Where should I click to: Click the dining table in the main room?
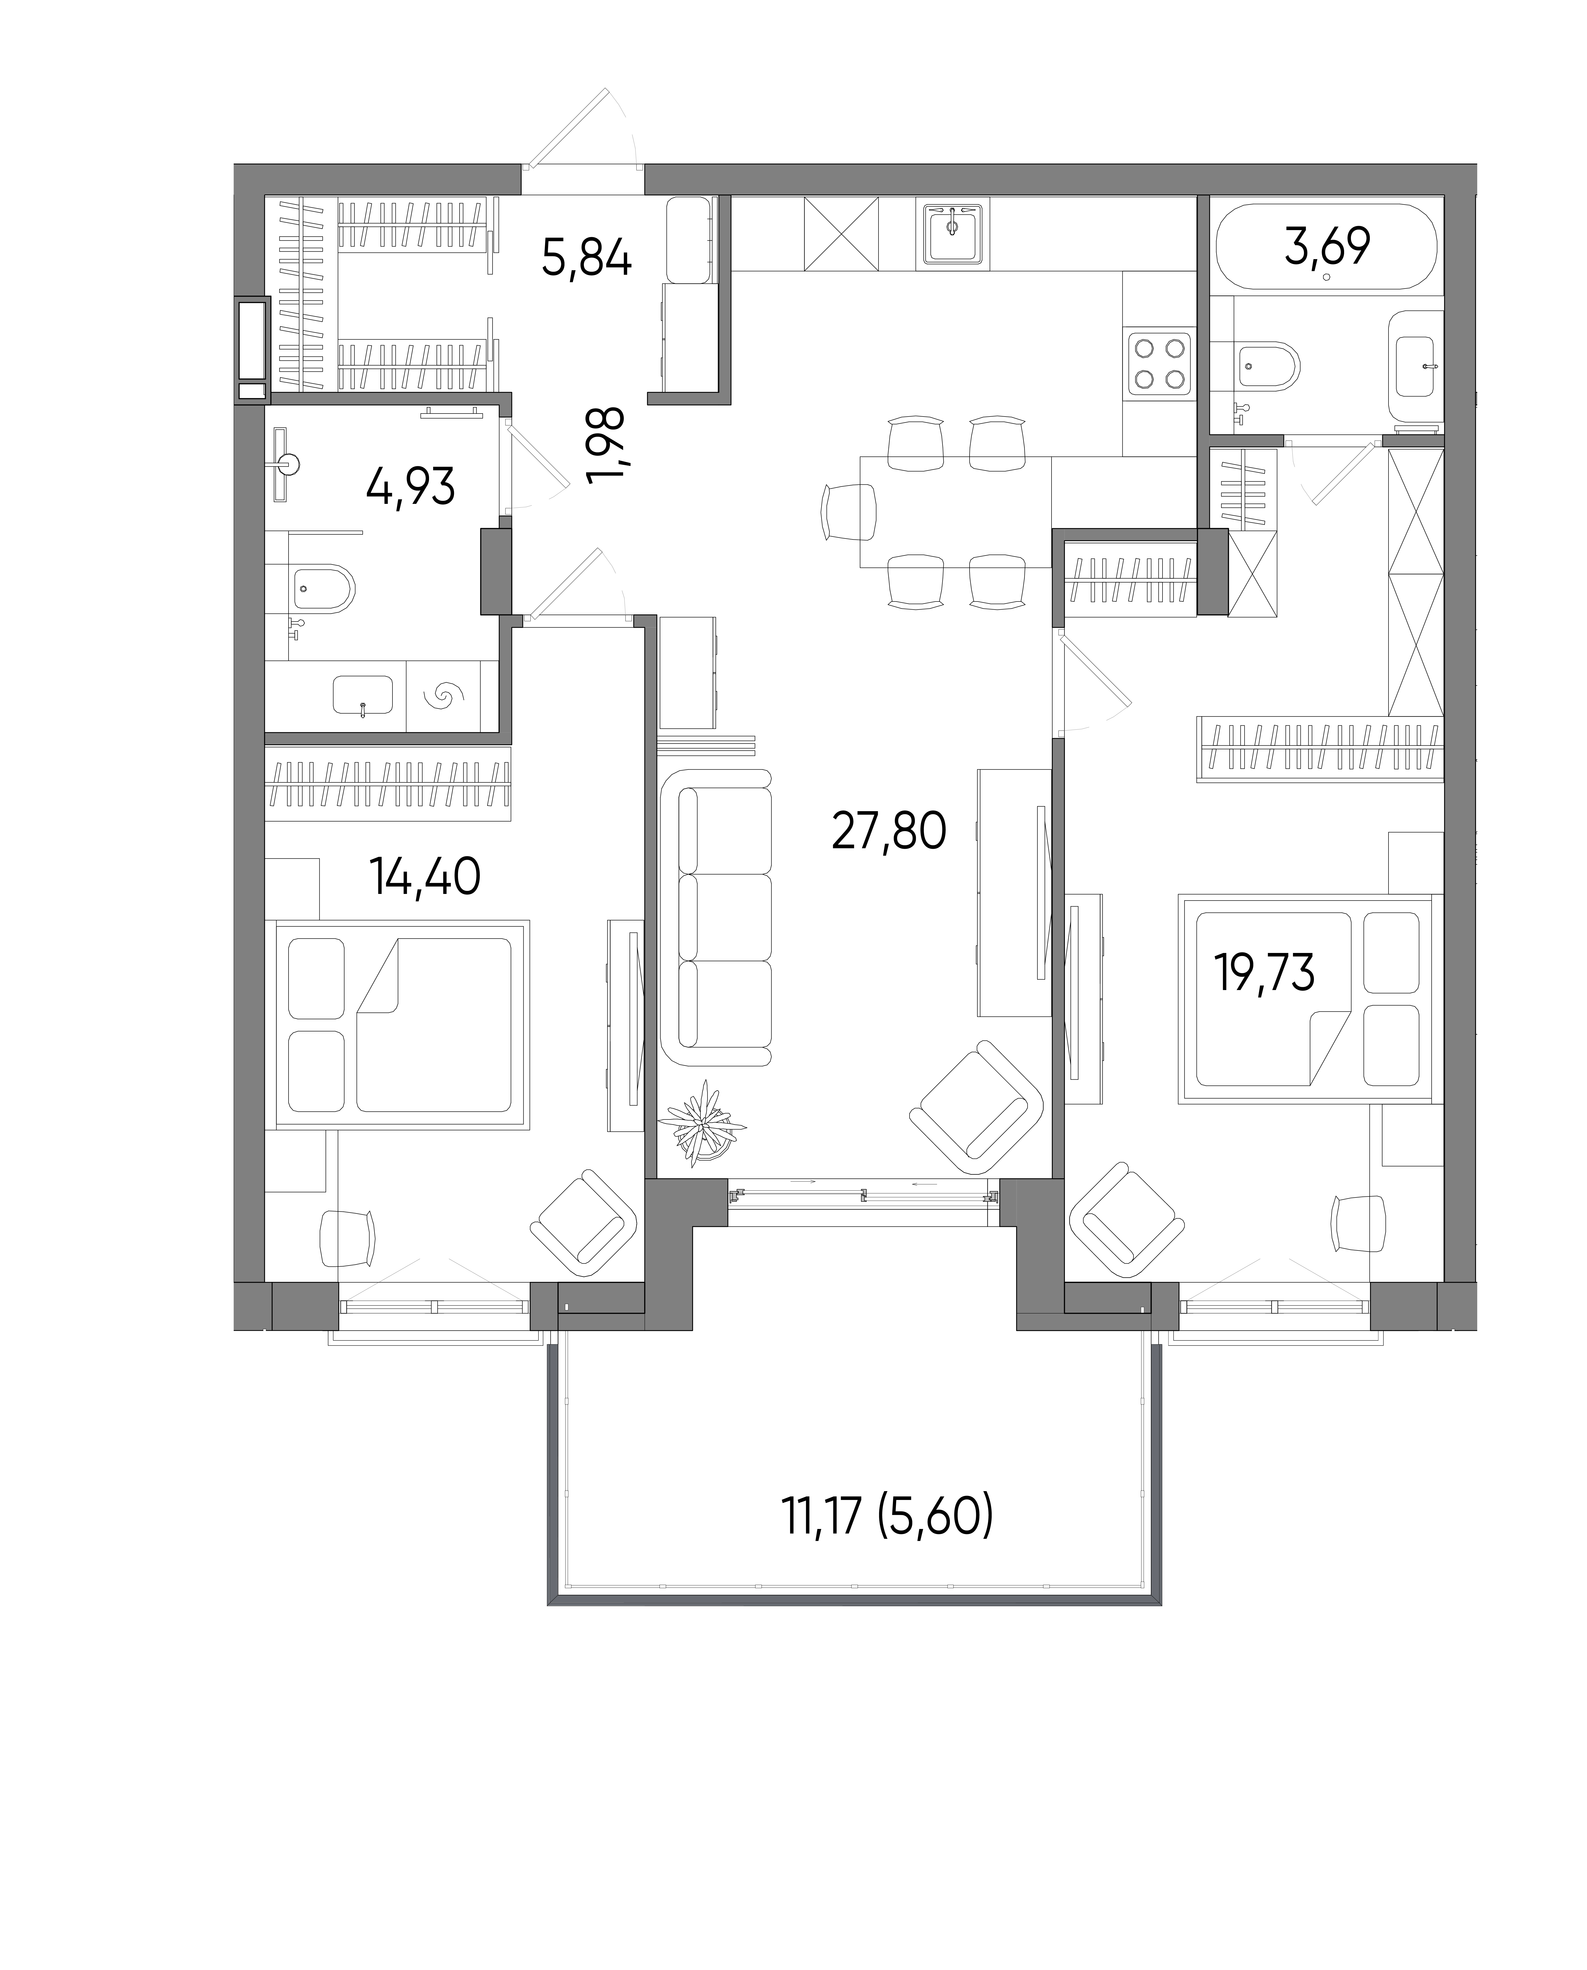coord(955,512)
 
